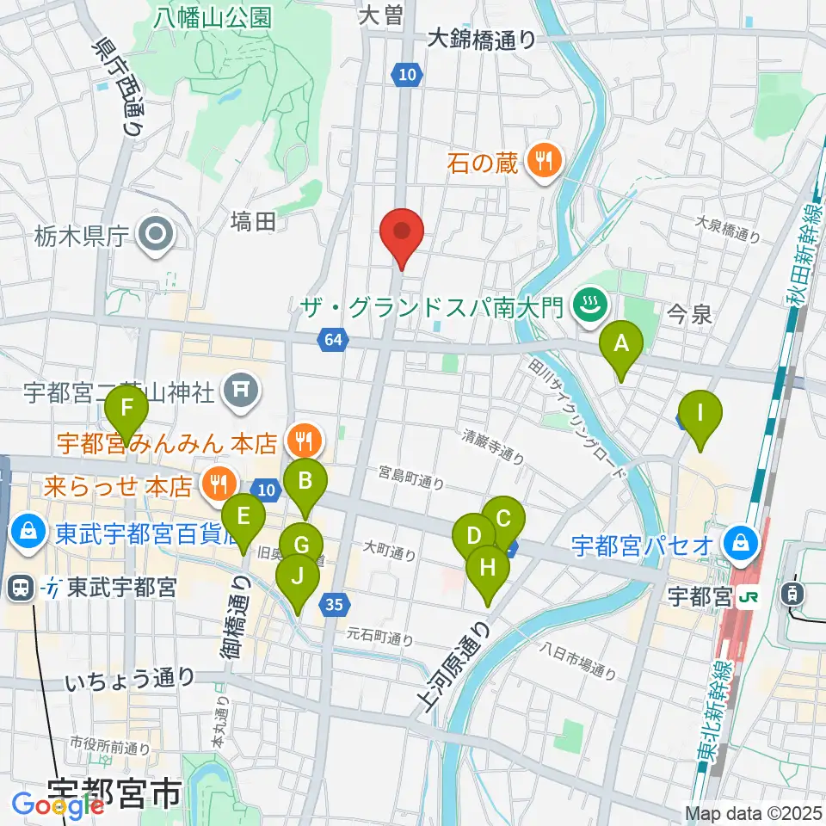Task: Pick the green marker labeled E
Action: [x=243, y=517]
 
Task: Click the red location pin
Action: [x=403, y=232]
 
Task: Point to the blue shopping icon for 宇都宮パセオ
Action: [x=738, y=544]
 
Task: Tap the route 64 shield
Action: [x=334, y=341]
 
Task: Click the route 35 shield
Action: [x=334, y=605]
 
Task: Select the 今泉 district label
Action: [x=690, y=315]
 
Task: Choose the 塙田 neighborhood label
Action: [x=253, y=222]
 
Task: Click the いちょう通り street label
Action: [x=132, y=680]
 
